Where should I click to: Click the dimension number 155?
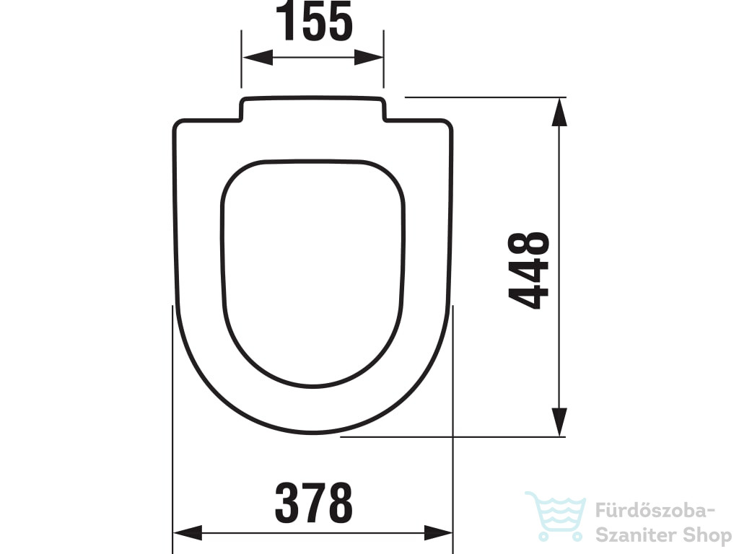tap(314, 21)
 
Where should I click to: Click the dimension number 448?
tap(529, 271)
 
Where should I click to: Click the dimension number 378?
tap(314, 503)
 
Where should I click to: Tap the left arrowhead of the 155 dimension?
tap(258, 58)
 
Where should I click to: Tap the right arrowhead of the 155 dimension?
tap(369, 58)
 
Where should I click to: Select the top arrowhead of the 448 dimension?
tap(559, 112)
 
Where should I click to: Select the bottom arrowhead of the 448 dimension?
tap(559, 422)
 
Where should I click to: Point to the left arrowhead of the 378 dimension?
tap(188, 533)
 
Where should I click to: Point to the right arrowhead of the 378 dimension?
tap(438, 533)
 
